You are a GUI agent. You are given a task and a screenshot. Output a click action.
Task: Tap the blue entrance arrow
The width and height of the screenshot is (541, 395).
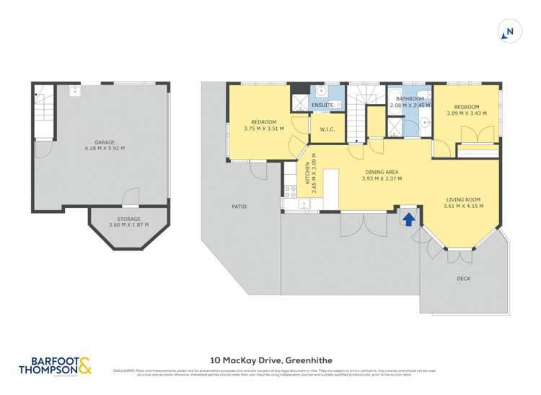[409, 218]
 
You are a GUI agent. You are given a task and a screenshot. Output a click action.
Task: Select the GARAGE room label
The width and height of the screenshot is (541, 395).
[104, 142]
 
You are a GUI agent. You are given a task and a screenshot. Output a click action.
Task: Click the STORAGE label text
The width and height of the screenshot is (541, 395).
[128, 218]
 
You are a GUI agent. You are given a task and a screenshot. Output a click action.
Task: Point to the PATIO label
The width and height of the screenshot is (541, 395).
[239, 207]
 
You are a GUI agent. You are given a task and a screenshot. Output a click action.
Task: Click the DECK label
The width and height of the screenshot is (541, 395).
[465, 278]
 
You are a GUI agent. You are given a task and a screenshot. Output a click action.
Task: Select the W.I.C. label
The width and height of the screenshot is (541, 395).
[320, 131]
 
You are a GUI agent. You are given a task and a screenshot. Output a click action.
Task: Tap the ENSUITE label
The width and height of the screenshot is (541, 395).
[322, 105]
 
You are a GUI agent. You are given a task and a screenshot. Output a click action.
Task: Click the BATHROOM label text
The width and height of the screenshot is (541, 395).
[409, 99]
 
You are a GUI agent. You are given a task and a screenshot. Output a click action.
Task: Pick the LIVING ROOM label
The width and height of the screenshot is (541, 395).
[462, 199]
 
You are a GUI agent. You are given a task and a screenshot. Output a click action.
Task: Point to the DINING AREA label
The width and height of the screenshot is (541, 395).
[380, 172]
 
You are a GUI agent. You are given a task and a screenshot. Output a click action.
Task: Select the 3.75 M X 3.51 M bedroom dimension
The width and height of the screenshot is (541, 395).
[263, 129]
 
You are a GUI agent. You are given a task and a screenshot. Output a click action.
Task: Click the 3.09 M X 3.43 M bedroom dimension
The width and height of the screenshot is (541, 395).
[466, 113]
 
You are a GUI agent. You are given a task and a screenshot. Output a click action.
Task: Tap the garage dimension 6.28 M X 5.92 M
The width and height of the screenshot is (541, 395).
[104, 149]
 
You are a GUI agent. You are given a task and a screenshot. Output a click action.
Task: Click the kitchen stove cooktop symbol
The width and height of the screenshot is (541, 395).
[291, 192]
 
